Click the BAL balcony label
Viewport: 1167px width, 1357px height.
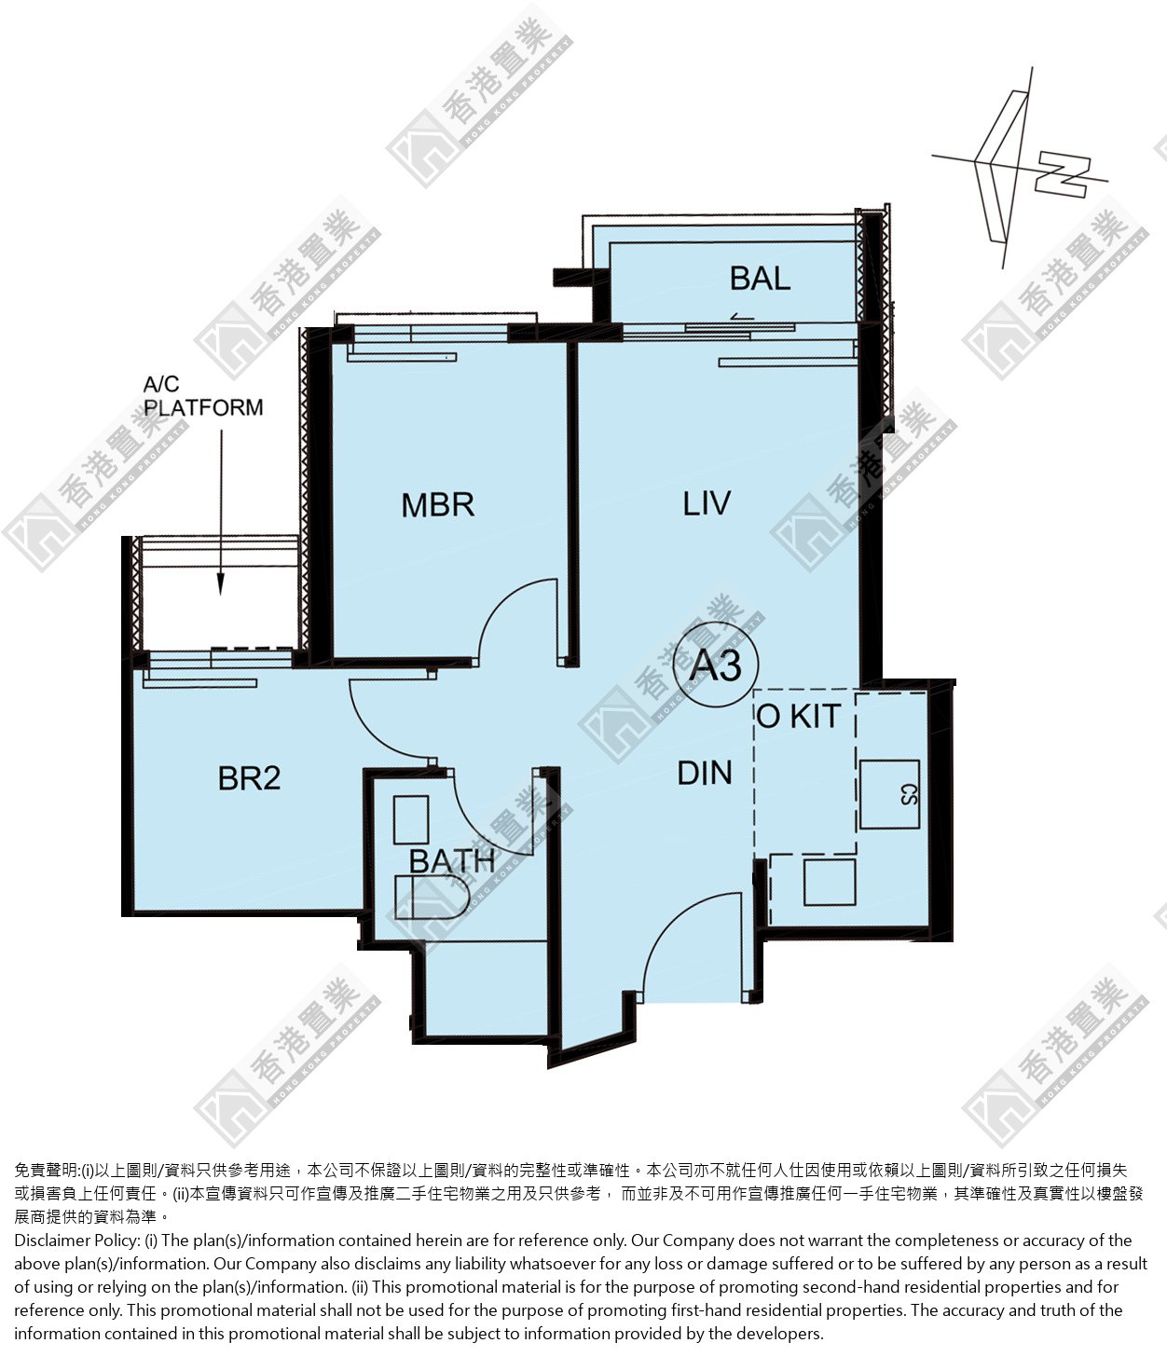coord(760,278)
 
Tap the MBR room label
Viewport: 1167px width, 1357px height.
coord(437,505)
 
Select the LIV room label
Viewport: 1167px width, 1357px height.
coord(706,503)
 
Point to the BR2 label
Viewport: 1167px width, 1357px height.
coord(249,778)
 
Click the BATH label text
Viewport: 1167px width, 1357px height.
coord(452,860)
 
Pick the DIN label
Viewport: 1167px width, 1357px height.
coord(705,774)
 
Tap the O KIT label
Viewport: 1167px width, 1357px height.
coord(799,716)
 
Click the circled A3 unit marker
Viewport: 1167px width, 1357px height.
coord(716,665)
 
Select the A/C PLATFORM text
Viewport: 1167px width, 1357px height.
coord(203,396)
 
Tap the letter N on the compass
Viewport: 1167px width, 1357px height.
coord(1062,176)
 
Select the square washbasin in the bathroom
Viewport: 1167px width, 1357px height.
coord(411,819)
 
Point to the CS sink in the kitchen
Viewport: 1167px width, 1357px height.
coord(889,794)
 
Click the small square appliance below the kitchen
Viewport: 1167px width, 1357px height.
coord(830,883)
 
